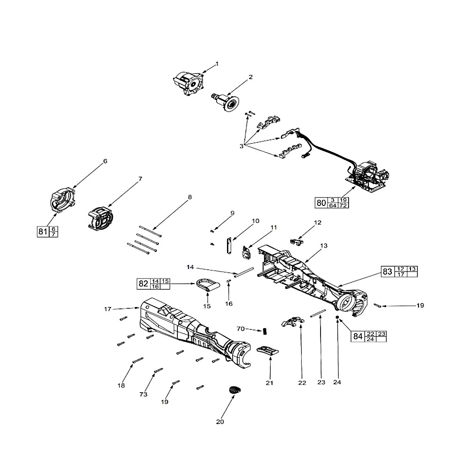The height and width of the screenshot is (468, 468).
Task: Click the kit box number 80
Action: coord(321,203)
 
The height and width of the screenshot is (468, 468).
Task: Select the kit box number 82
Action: coord(143,284)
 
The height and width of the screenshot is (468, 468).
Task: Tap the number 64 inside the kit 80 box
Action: coord(333,205)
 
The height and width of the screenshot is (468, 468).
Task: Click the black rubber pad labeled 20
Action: coord(234,389)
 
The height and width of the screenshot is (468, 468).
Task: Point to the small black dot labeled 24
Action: coord(337,317)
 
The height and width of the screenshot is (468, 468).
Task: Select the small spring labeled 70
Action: coord(264,330)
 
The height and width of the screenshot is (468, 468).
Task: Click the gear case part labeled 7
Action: coord(99,219)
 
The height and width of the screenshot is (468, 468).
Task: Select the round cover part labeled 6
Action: coord(62,200)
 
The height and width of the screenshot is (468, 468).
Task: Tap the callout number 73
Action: coord(144,395)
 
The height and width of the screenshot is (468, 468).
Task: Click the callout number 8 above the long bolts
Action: coord(190,197)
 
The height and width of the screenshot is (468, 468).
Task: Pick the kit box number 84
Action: coord(358,336)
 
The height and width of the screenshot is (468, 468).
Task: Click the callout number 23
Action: coord(321,382)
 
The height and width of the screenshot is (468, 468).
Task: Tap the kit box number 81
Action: coord(43,231)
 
